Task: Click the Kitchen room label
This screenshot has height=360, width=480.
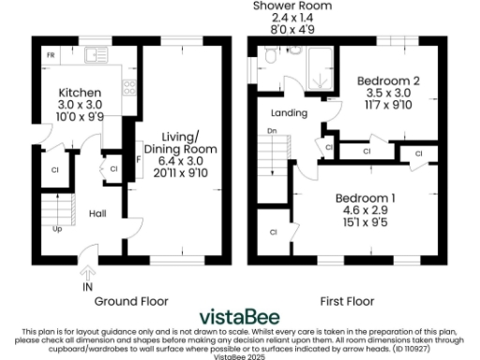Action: pyautogui.click(x=74, y=94)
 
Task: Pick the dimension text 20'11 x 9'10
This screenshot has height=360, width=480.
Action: pyautogui.click(x=187, y=172)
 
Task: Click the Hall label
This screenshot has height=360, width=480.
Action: pyautogui.click(x=97, y=214)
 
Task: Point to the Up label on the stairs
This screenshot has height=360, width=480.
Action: pyautogui.click(x=58, y=228)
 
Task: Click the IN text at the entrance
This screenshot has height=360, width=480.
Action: pyautogui.click(x=87, y=286)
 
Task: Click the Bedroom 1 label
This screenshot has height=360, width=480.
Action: pyautogui.click(x=366, y=199)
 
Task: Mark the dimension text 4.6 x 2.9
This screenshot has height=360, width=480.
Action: pyautogui.click(x=366, y=211)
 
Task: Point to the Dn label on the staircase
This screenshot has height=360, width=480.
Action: pyautogui.click(x=272, y=131)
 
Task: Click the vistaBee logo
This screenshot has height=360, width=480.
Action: pyautogui.click(x=238, y=318)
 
